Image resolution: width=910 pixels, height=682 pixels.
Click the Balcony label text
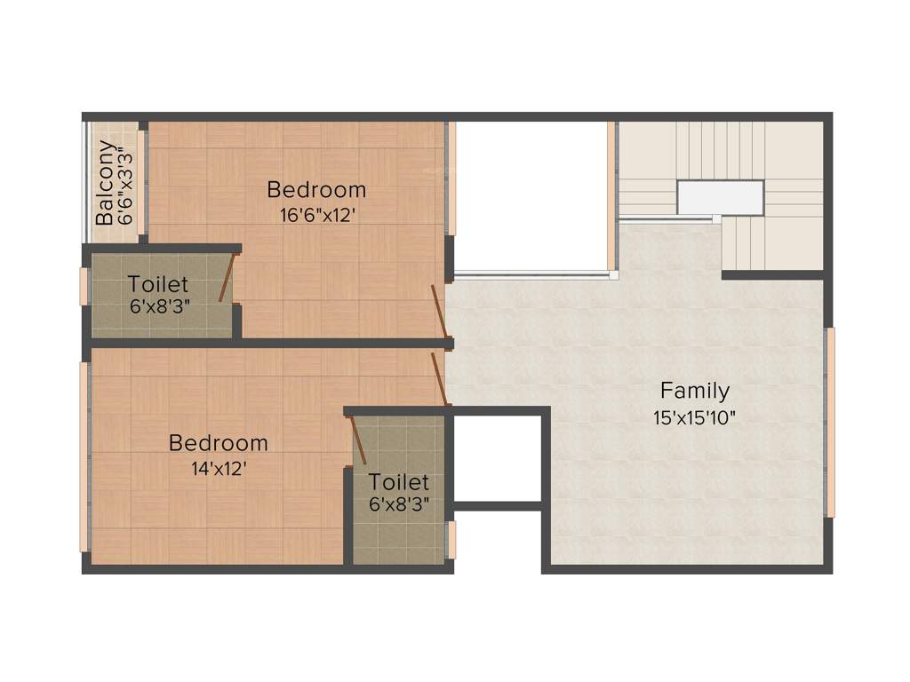pyautogui.click(x=105, y=182)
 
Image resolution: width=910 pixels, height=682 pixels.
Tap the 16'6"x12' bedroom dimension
pyautogui.click(x=316, y=214)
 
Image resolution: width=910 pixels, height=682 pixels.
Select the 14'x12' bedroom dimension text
pyautogui.click(x=219, y=467)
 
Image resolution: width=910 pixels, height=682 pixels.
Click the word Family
pyautogui.click(x=695, y=391)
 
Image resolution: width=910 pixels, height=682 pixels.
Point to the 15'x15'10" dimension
pyautogui.click(x=694, y=417)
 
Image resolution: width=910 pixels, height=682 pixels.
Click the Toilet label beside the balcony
pyautogui.click(x=158, y=285)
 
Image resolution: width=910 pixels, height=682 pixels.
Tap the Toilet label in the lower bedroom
pyautogui.click(x=399, y=482)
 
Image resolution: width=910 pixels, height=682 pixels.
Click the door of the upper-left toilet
pyautogui.click(x=227, y=278)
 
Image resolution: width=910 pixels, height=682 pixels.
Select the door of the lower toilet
pyautogui.click(x=359, y=440)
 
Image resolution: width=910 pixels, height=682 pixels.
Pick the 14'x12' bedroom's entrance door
pyautogui.click(x=439, y=378)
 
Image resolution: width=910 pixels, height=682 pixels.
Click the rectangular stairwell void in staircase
pyautogui.click(x=720, y=197)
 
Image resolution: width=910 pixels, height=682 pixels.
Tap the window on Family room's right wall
pyautogui.click(x=830, y=423)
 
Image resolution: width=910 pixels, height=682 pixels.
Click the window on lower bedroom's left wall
pyautogui.click(x=85, y=457)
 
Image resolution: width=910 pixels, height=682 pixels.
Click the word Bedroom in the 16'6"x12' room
pyautogui.click(x=316, y=190)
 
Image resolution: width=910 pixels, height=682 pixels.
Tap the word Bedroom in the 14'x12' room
pyautogui.click(x=219, y=443)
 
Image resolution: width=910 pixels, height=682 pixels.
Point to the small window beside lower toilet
pyautogui.click(x=451, y=540)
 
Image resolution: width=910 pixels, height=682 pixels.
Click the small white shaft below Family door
pyautogui.click(x=497, y=457)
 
